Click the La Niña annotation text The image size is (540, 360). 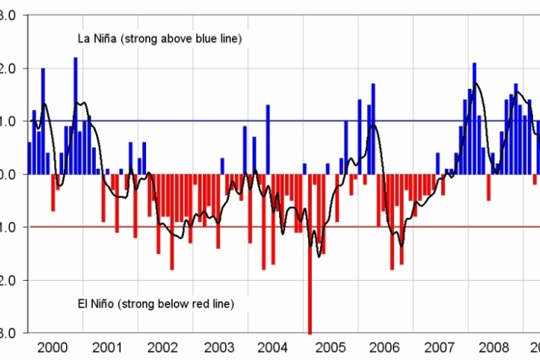(160, 38)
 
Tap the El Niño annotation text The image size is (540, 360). (156, 304)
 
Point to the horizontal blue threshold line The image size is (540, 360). (228, 121)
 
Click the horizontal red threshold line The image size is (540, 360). (228, 227)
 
